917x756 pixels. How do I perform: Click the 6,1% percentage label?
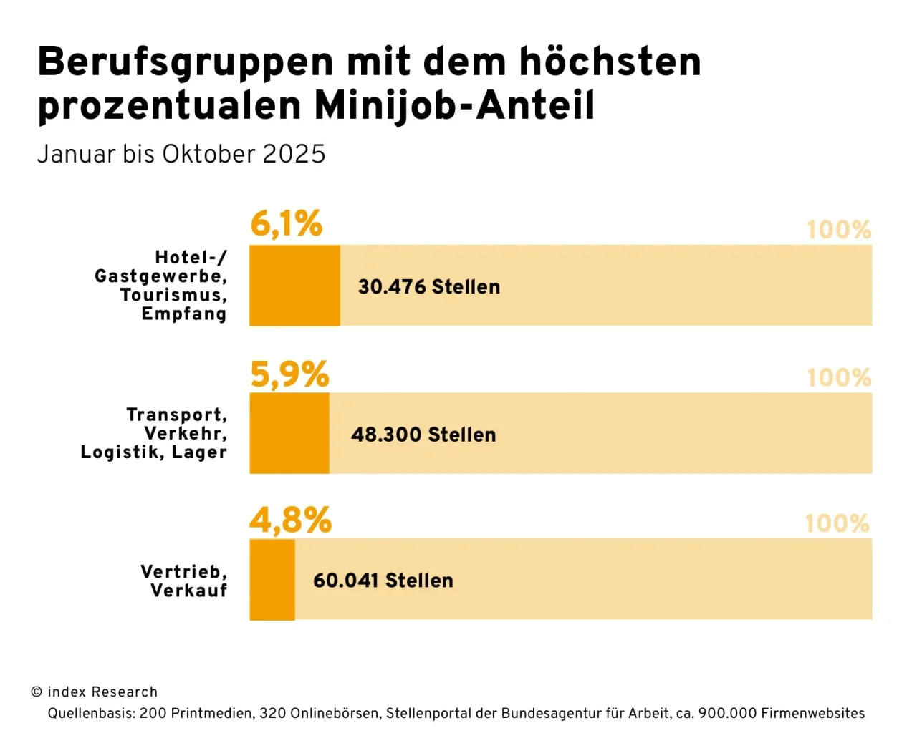point(286,223)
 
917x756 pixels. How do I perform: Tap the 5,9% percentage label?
point(289,374)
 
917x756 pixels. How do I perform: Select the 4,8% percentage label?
point(290,520)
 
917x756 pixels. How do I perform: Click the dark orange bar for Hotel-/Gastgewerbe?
point(294,286)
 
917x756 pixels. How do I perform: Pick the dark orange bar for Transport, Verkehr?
point(289,433)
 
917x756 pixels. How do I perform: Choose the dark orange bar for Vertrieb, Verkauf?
point(272,579)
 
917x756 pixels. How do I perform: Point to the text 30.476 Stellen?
point(429,286)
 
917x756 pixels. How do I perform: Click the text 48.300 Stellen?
point(423,435)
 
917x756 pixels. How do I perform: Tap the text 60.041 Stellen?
point(383,581)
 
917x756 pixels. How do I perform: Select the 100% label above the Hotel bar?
point(839,230)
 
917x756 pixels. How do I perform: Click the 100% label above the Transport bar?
point(839,377)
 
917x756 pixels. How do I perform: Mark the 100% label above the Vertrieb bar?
point(837,523)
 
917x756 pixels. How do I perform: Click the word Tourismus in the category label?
point(173,295)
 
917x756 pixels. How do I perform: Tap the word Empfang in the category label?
point(184,314)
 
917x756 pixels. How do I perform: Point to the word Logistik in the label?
point(122,452)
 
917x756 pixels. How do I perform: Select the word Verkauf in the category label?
point(189,591)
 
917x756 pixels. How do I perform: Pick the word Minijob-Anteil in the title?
point(454,105)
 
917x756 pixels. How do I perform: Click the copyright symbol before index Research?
point(37,692)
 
